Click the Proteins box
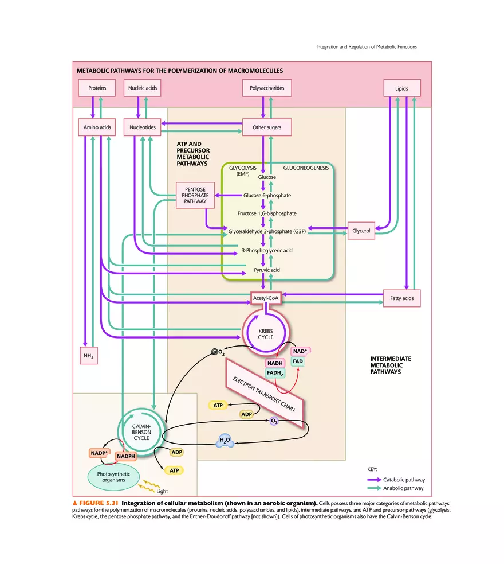[x=96, y=88]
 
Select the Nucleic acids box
[x=142, y=88]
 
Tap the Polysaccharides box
[x=267, y=88]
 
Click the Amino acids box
[x=96, y=127]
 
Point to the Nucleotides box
[x=142, y=127]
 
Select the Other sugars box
[x=267, y=127]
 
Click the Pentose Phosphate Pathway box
[x=195, y=195]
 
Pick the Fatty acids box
[x=401, y=298]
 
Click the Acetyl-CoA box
[x=266, y=298]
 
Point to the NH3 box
[x=88, y=356]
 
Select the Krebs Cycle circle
[x=266, y=333]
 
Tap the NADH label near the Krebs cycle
[x=274, y=363]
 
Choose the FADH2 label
[x=275, y=373]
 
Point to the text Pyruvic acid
[x=266, y=269]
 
